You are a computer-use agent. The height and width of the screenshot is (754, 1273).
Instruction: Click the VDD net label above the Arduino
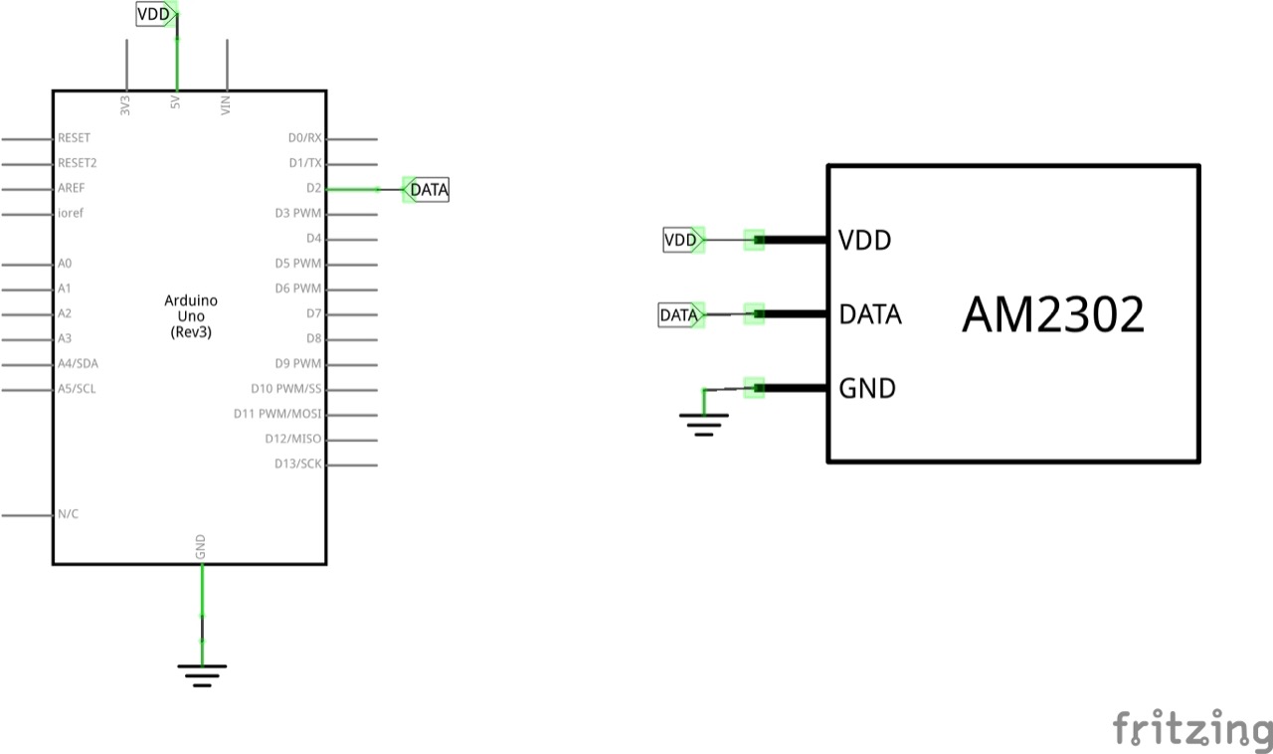(154, 14)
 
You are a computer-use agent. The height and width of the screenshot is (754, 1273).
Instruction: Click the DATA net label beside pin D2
(429, 189)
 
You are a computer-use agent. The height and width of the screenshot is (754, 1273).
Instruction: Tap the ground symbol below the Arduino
(202, 674)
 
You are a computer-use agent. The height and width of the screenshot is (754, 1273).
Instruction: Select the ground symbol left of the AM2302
(704, 426)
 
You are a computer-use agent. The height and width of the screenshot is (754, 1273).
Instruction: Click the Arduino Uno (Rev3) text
(191, 316)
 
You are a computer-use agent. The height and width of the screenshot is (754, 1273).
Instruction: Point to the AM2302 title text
(1053, 315)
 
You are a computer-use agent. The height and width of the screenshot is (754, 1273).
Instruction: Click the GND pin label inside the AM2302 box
(867, 388)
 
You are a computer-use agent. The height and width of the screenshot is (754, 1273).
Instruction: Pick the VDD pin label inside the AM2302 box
(864, 240)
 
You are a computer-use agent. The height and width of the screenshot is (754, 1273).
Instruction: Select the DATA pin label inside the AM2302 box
(870, 314)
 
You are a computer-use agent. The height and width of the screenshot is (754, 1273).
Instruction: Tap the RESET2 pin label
(78, 163)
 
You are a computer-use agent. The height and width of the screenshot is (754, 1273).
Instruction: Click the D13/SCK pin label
(298, 464)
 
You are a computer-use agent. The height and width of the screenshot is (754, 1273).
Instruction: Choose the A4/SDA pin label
(78, 364)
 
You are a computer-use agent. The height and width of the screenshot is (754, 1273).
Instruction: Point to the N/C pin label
(68, 514)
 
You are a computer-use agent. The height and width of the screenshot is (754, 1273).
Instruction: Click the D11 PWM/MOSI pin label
(277, 414)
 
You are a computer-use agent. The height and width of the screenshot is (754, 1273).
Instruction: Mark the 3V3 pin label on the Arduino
(126, 105)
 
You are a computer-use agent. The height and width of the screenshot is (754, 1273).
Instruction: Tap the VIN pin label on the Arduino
(227, 104)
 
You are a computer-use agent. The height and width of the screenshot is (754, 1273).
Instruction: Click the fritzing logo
(1191, 729)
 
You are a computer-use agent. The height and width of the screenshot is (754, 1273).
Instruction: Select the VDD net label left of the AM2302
(682, 240)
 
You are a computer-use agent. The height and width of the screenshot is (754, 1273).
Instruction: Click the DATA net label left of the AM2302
(679, 315)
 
